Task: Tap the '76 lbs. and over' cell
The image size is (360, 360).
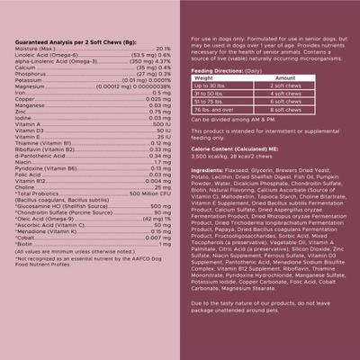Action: (x=216, y=110)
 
